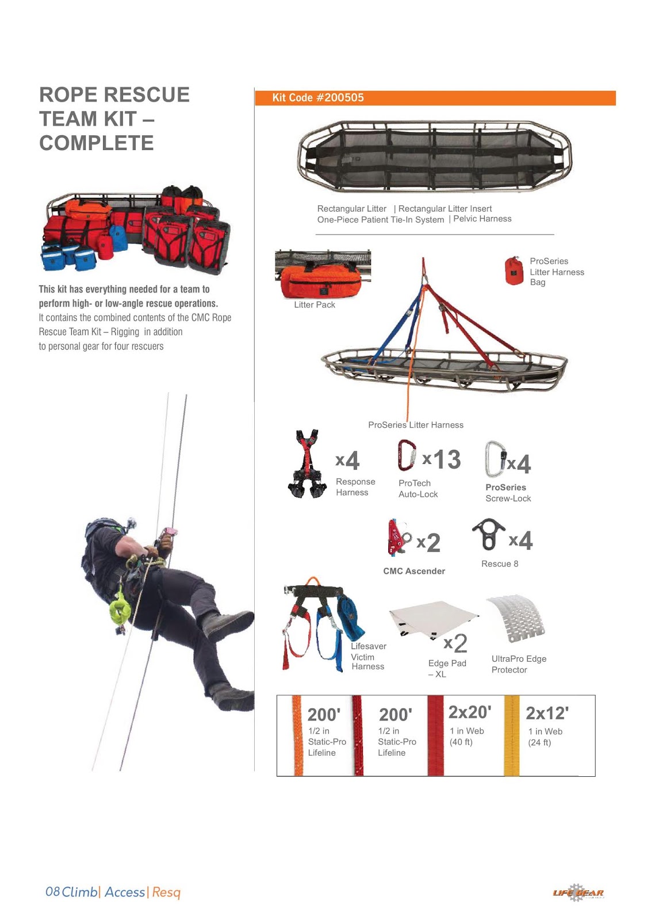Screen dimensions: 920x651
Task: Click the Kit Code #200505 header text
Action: tap(318, 98)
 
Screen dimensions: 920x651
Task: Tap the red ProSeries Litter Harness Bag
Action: tap(514, 271)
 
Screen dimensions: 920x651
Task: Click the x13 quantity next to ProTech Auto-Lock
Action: tap(442, 459)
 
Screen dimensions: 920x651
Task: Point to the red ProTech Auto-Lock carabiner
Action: tap(406, 455)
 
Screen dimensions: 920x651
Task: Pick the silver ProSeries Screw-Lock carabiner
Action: tap(494, 459)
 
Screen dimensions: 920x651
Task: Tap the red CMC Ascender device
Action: tap(397, 537)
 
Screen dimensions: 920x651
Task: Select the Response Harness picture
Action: tap(307, 464)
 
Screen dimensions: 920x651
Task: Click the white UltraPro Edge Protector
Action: tap(516, 618)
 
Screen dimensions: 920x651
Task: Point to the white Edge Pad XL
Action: tap(431, 619)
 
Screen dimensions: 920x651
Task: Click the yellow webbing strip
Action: tap(511, 736)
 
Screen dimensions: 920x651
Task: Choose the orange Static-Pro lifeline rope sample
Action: tap(297, 736)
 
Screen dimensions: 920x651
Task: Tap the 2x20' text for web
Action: tap(470, 712)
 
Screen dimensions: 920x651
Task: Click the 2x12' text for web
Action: tap(547, 714)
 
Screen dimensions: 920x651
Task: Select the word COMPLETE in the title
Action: tap(97, 143)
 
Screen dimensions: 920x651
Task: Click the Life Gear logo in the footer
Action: tap(578, 892)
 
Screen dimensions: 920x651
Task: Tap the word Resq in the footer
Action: tap(166, 892)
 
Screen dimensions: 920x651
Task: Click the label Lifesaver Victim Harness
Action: tap(368, 656)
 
